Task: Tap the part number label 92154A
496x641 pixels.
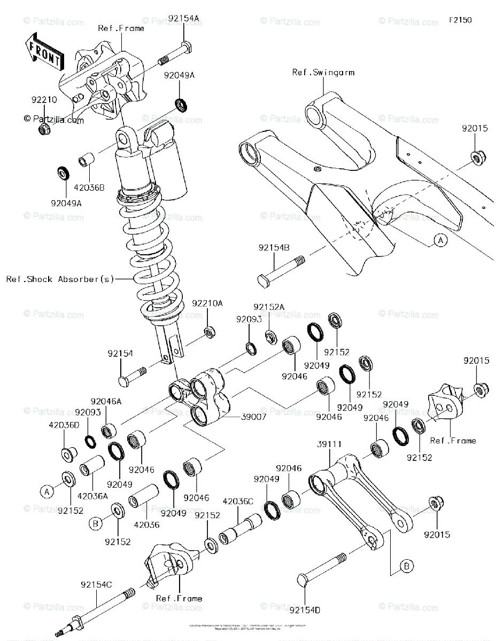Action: tap(184, 18)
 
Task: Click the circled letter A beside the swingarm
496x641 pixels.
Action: tap(440, 241)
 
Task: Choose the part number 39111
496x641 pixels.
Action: tap(329, 444)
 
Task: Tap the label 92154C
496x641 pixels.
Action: tap(96, 585)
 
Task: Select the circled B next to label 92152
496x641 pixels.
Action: tap(95, 524)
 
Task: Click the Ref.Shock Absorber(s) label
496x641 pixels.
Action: tap(60, 279)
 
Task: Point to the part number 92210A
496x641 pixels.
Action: tap(207, 303)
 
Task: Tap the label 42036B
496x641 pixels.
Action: tap(89, 187)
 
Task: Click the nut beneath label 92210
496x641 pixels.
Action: tap(44, 130)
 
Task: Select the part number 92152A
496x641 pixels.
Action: tap(269, 307)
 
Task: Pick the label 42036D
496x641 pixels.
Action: tap(64, 425)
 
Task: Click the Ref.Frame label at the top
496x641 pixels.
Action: tap(121, 28)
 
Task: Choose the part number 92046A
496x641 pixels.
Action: tap(105, 401)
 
